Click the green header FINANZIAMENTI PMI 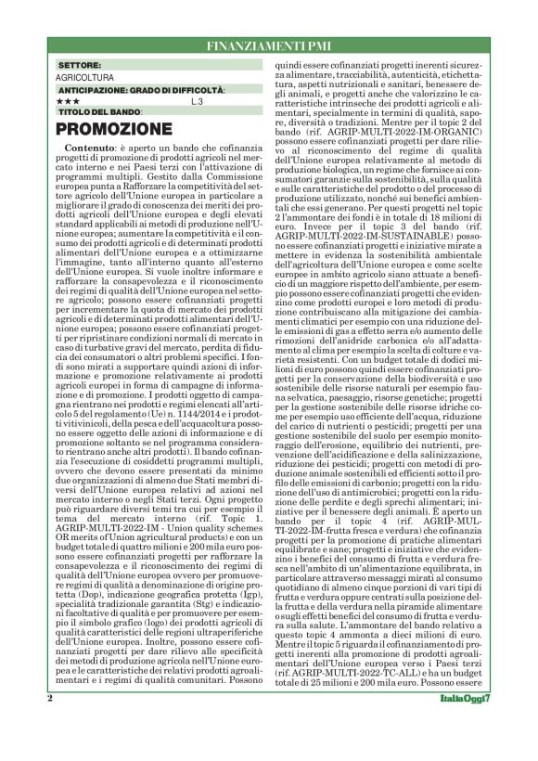[268, 45]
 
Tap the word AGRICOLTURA [85, 79]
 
